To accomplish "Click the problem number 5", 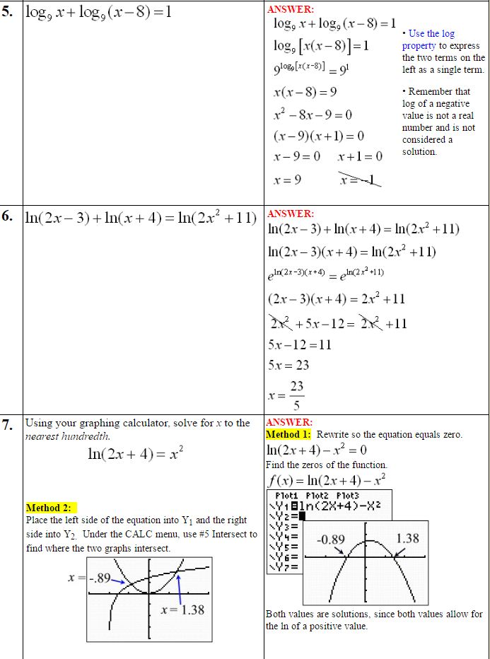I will coord(8,12).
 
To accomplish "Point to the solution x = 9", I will coord(287,180).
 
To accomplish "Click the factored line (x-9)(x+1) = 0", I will coord(318,136).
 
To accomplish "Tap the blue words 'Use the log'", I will coord(431,33).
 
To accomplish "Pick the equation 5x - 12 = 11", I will coord(300,345).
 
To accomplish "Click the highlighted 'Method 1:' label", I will coord(288,434).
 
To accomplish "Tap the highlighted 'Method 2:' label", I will coord(52,508).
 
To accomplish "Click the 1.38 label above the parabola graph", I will coord(407,538).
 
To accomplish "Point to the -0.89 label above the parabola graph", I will coord(330,540).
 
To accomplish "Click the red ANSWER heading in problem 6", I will coord(290,214).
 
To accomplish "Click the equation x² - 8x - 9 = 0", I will coord(313,115).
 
